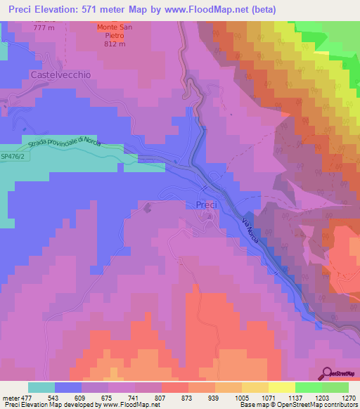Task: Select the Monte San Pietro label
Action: click(113, 28)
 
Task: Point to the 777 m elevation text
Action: click(44, 27)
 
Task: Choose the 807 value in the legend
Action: click(159, 397)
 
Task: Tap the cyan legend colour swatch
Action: click(41, 387)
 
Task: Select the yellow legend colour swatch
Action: click(281, 387)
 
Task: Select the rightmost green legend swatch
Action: click(335, 387)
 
